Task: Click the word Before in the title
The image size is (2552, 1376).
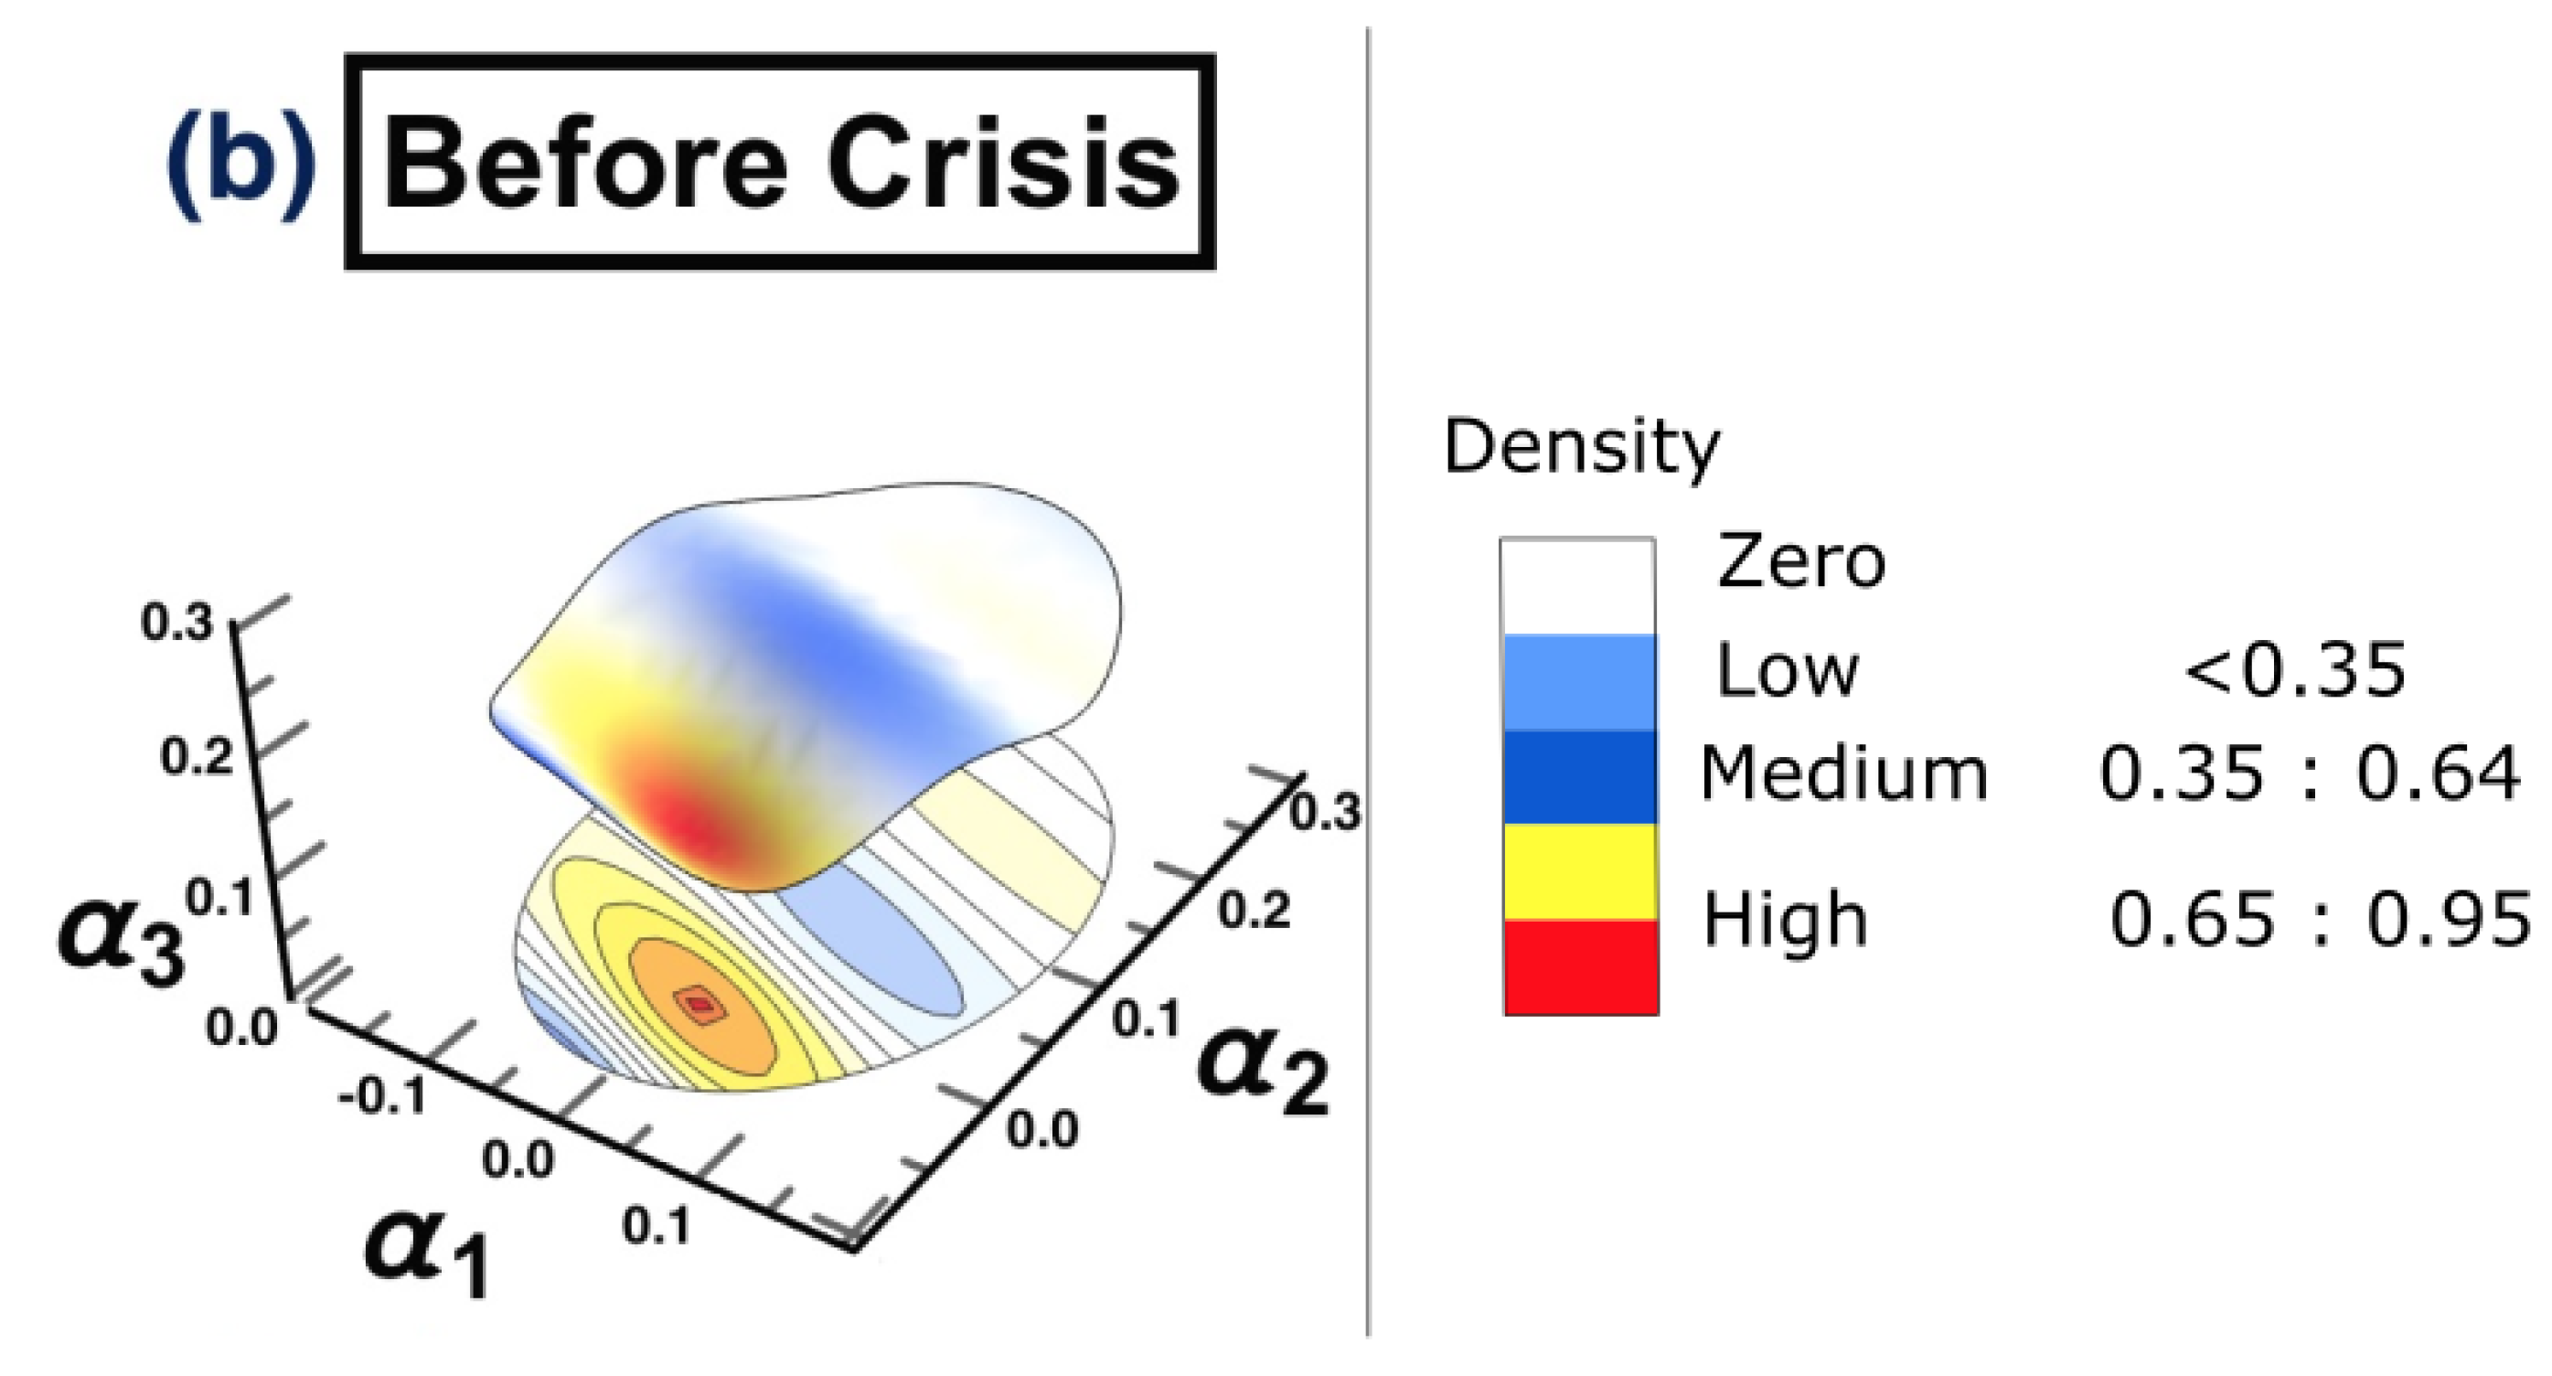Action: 584,164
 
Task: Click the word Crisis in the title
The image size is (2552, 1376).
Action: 1002,164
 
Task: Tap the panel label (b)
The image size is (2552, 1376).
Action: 240,164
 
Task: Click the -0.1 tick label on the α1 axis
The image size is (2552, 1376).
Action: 381,1096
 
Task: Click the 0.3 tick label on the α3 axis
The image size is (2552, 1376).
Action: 176,622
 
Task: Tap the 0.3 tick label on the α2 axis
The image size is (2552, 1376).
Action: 1325,812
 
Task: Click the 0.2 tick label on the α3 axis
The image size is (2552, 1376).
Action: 197,758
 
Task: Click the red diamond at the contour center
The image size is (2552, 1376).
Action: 700,1005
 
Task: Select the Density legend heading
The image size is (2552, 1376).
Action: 1581,448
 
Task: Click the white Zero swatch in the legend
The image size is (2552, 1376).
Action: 1577,586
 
